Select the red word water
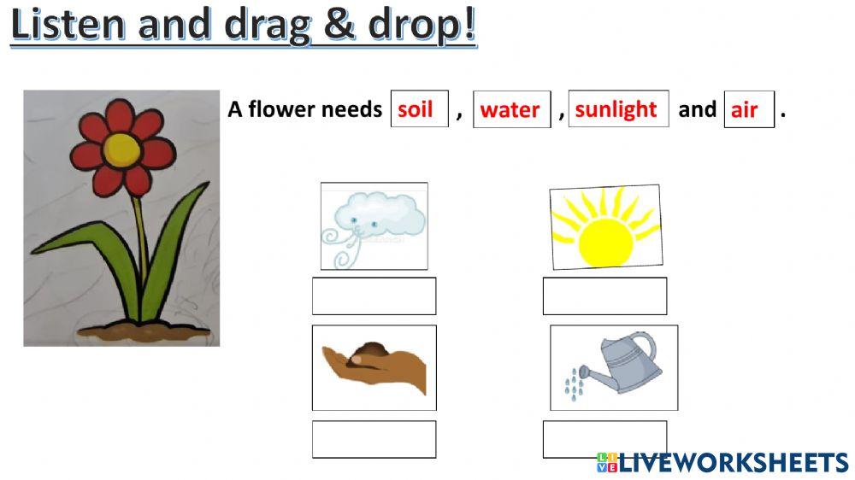(510, 110)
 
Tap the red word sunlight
(616, 109)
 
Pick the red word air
(745, 110)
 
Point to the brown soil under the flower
(141, 331)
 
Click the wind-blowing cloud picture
(374, 225)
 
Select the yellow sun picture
(605, 226)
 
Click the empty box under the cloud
(374, 296)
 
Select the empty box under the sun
(604, 296)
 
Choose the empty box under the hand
(374, 439)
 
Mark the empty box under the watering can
(604, 439)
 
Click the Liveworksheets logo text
(732, 463)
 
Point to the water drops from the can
(573, 385)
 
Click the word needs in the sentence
(351, 110)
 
